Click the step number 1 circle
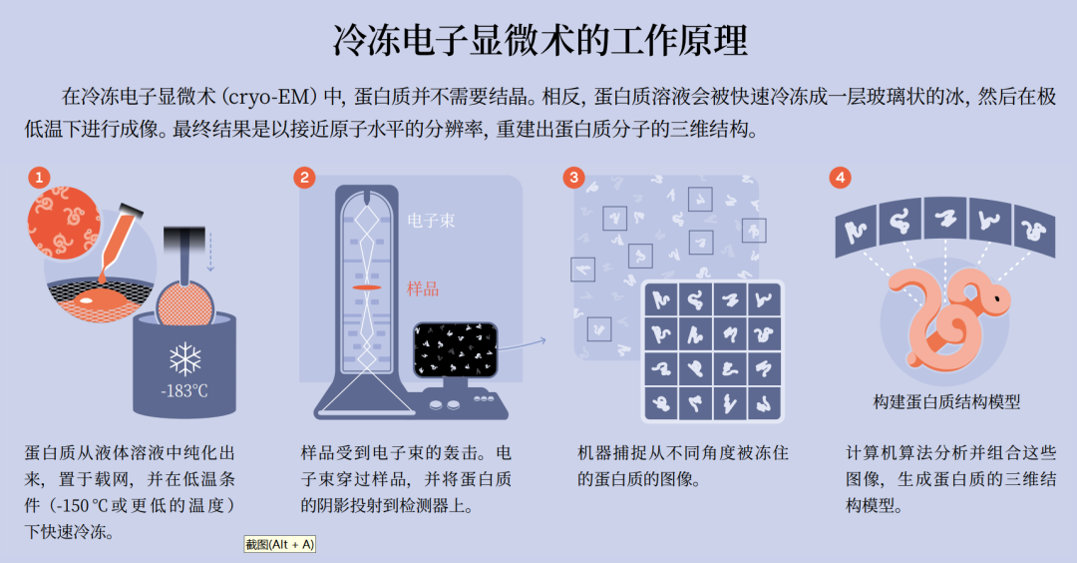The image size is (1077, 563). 39,178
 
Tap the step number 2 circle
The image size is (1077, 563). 305,178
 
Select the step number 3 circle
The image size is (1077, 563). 573,178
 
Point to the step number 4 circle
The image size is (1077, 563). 841,178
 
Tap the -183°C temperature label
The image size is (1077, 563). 184,390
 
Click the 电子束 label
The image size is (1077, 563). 431,220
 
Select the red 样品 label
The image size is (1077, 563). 423,289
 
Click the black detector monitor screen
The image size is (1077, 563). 455,349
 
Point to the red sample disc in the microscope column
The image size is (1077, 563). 366,287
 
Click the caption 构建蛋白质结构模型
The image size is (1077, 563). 946,401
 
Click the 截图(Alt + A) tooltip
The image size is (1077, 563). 279,544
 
